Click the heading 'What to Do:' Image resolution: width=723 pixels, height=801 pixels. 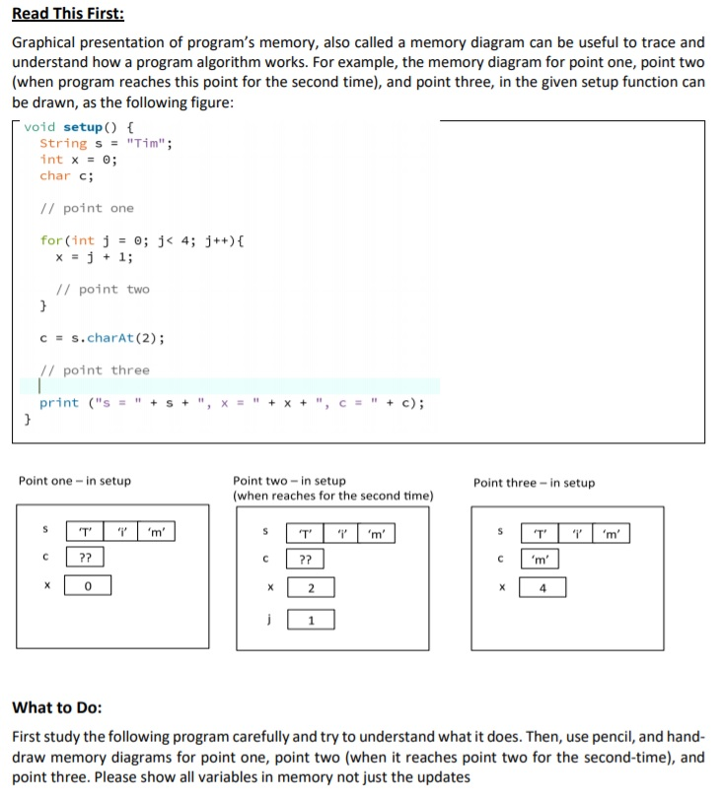(56, 707)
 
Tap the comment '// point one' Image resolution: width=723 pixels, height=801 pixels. (87, 209)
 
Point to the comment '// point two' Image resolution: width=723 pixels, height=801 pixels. (103, 290)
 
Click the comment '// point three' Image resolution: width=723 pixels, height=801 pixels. (95, 370)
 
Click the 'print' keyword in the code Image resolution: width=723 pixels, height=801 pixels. (59, 403)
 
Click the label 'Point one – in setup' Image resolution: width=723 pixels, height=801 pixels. (74, 481)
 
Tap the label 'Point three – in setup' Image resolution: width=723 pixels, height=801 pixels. (534, 483)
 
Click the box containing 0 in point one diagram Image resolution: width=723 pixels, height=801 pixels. (88, 587)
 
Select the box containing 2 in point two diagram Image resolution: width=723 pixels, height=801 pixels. (311, 589)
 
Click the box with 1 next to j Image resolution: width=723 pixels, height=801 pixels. (311, 620)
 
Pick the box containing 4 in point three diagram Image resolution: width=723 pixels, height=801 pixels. (543, 589)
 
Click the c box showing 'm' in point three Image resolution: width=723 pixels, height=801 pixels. (543, 561)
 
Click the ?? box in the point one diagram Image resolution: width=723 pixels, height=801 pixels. (87, 559)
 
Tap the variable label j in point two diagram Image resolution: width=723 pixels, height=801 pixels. (264, 620)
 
